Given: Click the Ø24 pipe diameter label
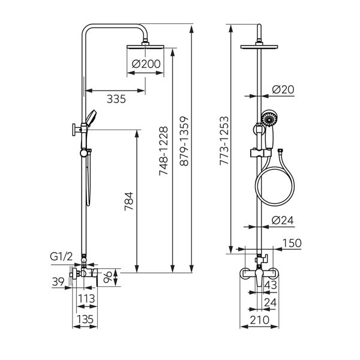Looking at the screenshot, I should point(283,220).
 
